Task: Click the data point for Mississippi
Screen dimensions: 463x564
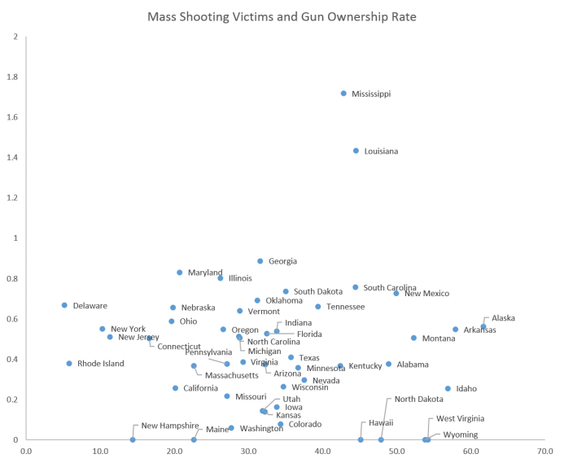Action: pyautogui.click(x=343, y=94)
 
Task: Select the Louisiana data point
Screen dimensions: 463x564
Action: pyautogui.click(x=356, y=151)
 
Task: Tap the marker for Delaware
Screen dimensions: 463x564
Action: pyautogui.click(x=64, y=305)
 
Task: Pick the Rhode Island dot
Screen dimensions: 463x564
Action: pyautogui.click(x=69, y=364)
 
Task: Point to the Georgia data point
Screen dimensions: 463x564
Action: pyautogui.click(x=260, y=261)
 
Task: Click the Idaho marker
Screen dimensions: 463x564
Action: pyautogui.click(x=448, y=389)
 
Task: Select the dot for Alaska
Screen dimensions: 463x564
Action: pyautogui.click(x=483, y=326)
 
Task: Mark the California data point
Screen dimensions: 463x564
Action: pyautogui.click(x=175, y=388)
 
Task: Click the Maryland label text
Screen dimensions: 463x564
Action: pyautogui.click(x=205, y=272)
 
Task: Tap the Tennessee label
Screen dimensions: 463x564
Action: pyautogui.click(x=345, y=307)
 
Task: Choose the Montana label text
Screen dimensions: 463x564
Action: pyautogui.click(x=439, y=339)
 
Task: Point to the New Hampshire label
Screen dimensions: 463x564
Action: pyautogui.click(x=170, y=426)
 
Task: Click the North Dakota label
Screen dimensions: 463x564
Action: pyautogui.click(x=419, y=400)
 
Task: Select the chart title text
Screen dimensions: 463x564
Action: pyautogui.click(x=282, y=16)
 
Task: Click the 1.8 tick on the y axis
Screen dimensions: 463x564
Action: pyautogui.click(x=15, y=77)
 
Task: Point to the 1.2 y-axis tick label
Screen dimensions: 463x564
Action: pyautogui.click(x=15, y=198)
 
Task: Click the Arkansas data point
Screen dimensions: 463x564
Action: pyautogui.click(x=456, y=330)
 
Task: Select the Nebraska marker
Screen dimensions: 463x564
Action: pyautogui.click(x=173, y=308)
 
